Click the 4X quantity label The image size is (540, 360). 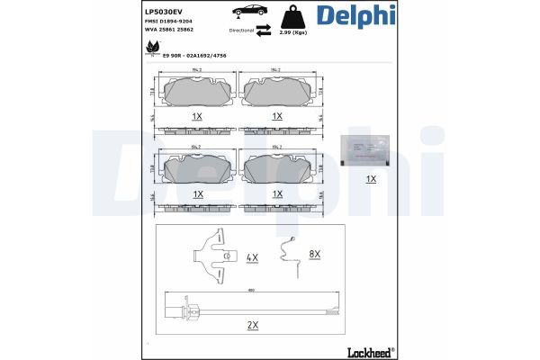(x=253, y=257)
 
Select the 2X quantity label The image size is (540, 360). (x=253, y=324)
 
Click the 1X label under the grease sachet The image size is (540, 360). (x=371, y=179)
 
